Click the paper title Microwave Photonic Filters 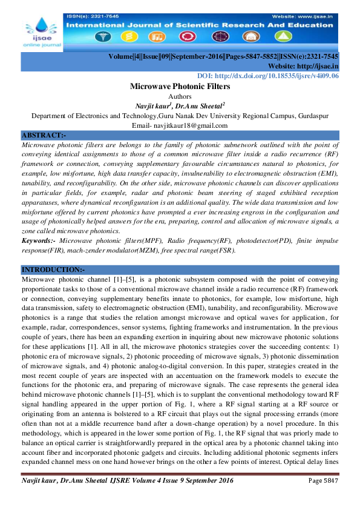coord(180,87)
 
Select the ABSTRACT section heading coord(44,134)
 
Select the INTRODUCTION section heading coord(53,269)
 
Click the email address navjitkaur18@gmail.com coord(180,125)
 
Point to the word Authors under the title coord(180,96)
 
